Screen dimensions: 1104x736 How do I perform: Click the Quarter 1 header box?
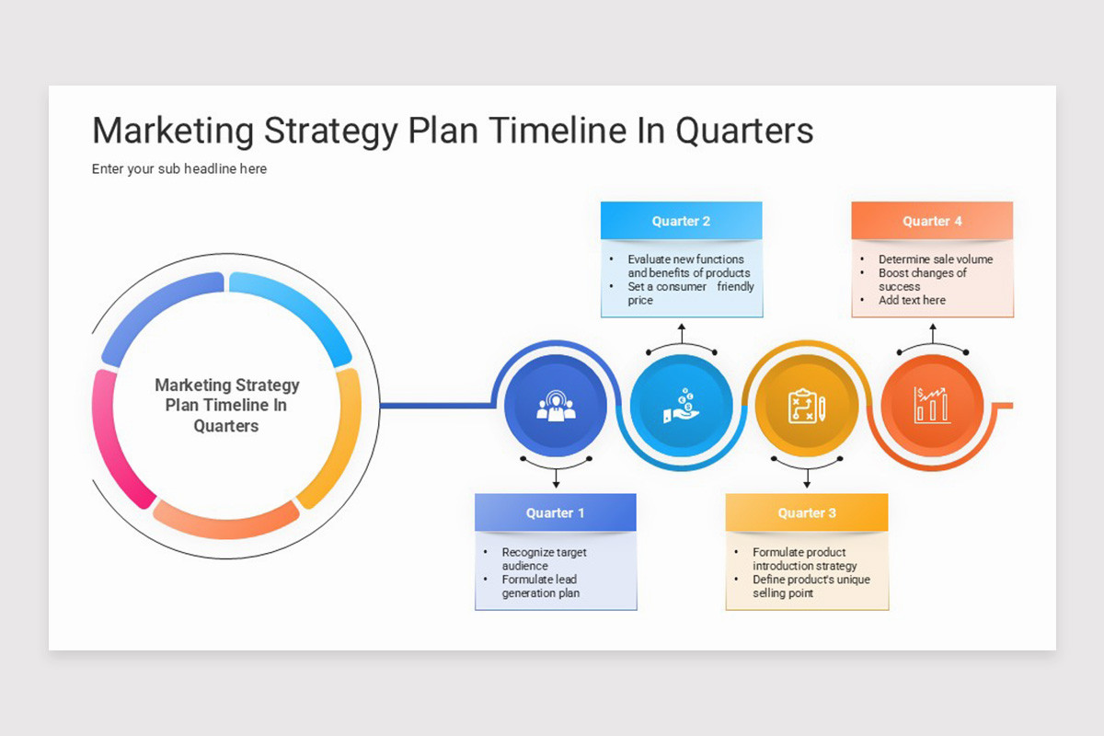[x=556, y=512]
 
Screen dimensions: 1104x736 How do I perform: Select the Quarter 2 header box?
[x=681, y=221]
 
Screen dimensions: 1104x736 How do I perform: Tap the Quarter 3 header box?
[x=807, y=512]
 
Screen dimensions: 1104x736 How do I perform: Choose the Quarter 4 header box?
[x=932, y=221]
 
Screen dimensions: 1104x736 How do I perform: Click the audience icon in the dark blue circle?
[x=556, y=406]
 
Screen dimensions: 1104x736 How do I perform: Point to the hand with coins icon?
[x=681, y=406]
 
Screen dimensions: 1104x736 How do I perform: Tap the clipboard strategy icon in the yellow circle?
[x=807, y=406]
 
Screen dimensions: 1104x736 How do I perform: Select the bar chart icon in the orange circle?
[x=931, y=405]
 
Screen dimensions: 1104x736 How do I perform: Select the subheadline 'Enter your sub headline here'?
[x=178, y=169]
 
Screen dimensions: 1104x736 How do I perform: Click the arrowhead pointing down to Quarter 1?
[x=556, y=485]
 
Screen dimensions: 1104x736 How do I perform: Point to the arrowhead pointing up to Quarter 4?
[x=933, y=327]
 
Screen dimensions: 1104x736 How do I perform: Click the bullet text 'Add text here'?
[x=912, y=300]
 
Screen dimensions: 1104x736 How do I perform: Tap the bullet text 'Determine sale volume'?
[x=936, y=259]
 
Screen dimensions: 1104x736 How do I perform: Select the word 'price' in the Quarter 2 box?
[x=640, y=301]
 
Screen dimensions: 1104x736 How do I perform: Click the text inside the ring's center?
[x=226, y=405]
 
